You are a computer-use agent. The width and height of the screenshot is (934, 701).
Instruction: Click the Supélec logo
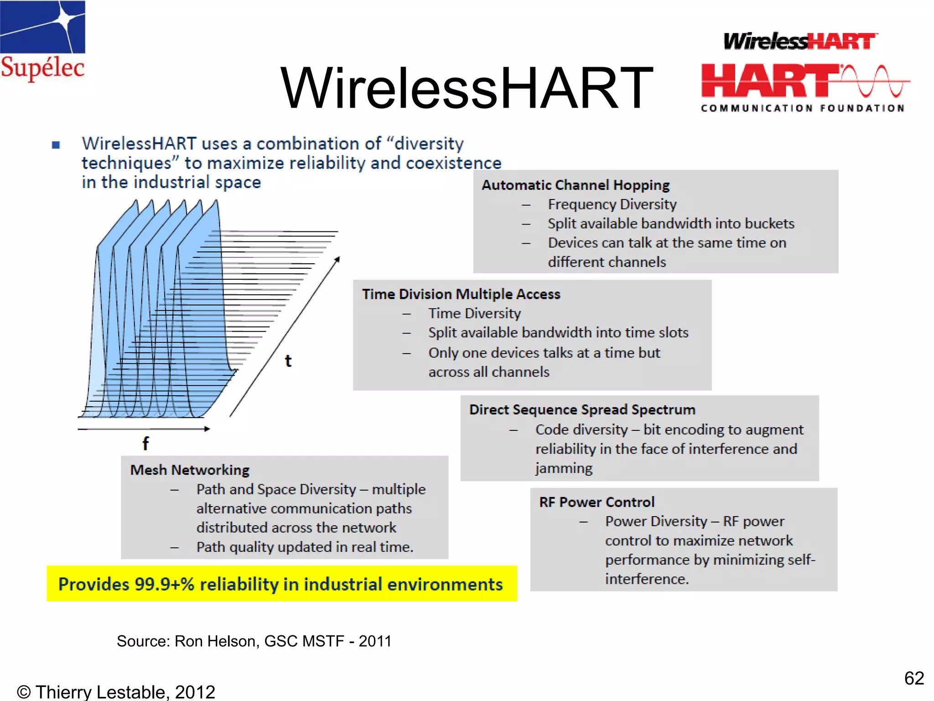point(42,41)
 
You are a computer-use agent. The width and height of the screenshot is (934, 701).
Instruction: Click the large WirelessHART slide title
point(467,88)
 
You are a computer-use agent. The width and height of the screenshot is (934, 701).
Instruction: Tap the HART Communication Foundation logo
point(804,73)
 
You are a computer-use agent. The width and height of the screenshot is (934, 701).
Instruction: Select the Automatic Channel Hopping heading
point(576,185)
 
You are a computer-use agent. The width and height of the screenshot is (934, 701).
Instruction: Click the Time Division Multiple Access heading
point(461,294)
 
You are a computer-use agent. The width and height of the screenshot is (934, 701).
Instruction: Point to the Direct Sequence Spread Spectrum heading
point(582,410)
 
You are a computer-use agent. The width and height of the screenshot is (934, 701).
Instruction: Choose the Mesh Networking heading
point(190,470)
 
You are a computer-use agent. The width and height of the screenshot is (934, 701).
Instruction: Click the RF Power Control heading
point(597,502)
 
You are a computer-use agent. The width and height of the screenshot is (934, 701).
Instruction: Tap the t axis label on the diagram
point(288,361)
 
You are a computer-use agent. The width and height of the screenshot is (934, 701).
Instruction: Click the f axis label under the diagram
point(145,443)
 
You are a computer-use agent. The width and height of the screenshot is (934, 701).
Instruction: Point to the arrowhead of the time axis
point(337,259)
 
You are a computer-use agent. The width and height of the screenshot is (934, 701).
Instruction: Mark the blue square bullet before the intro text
point(56,145)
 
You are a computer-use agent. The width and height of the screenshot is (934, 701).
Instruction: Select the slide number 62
point(914,678)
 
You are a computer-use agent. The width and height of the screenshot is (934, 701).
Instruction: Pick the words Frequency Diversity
point(612,204)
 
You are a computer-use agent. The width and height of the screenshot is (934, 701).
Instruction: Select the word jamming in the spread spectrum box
point(564,469)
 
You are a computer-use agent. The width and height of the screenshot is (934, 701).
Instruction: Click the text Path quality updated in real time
point(305,547)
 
